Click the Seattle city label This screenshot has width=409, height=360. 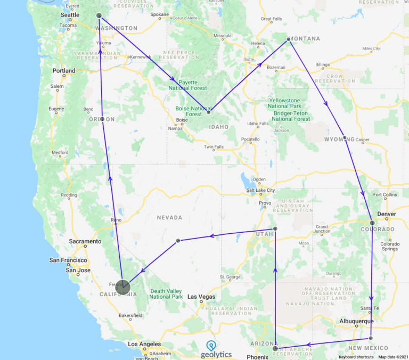click(x=70, y=15)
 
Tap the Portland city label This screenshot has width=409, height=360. click(x=64, y=71)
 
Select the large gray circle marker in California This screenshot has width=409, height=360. click(x=123, y=288)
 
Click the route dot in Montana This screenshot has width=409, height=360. click(x=288, y=39)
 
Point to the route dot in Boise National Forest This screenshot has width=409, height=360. click(x=208, y=112)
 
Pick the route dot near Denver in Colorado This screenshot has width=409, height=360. click(x=373, y=223)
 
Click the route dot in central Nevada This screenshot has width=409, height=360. click(x=178, y=241)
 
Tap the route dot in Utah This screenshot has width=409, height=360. click(x=275, y=228)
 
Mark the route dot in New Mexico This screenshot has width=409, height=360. click(x=371, y=338)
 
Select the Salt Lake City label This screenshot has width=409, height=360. click(x=260, y=190)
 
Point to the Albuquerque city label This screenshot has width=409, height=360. click(x=356, y=321)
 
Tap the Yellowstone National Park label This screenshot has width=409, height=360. click(x=292, y=103)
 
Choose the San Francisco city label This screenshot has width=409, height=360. click(x=68, y=260)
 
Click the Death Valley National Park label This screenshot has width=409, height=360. click(x=167, y=293)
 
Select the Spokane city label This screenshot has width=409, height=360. click(x=160, y=15)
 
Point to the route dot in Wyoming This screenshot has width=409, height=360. click(x=345, y=138)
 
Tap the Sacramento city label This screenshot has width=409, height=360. click(x=85, y=241)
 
